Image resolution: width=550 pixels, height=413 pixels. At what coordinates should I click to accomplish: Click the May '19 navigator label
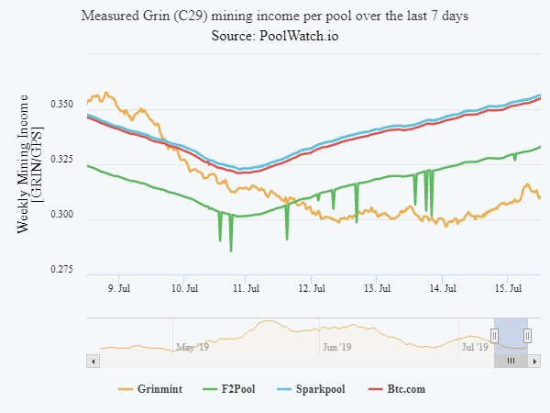pos(192,347)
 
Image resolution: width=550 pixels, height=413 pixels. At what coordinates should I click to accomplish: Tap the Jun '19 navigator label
pos(337,347)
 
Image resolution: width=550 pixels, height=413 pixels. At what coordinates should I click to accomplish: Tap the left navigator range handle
pos(494,336)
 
